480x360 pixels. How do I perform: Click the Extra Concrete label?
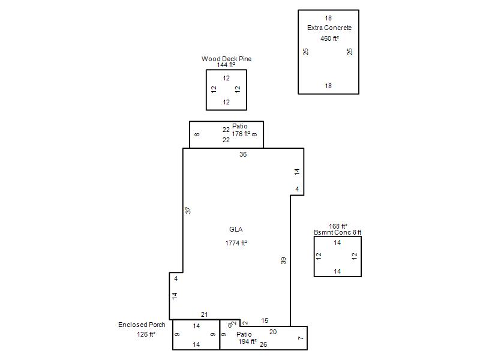coord(329,28)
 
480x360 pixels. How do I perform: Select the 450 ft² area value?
coord(329,38)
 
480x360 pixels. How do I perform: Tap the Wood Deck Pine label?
coord(226,59)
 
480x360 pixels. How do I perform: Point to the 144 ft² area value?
coord(226,65)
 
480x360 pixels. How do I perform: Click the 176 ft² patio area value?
coord(241,134)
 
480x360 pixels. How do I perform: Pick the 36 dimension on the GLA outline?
coord(243,154)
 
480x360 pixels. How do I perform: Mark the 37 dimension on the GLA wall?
coord(188,211)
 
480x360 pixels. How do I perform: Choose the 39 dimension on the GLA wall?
coord(283,260)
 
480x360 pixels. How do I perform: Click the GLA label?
coord(236,229)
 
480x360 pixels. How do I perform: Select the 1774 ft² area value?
coord(236,243)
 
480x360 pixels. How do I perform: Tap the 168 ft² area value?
coord(338,226)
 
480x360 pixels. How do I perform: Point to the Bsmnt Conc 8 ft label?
coord(338,232)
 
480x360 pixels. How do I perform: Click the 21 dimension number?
coord(205,314)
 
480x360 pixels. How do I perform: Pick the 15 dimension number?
coord(265,320)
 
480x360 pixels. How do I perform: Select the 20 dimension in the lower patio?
coord(273,332)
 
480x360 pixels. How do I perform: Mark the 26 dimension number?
coord(263,344)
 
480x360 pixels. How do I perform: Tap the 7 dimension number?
coord(301,338)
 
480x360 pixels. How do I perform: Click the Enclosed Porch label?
coord(142,325)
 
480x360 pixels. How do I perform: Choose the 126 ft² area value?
coord(146,334)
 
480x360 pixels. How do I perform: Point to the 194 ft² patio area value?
coord(248,341)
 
